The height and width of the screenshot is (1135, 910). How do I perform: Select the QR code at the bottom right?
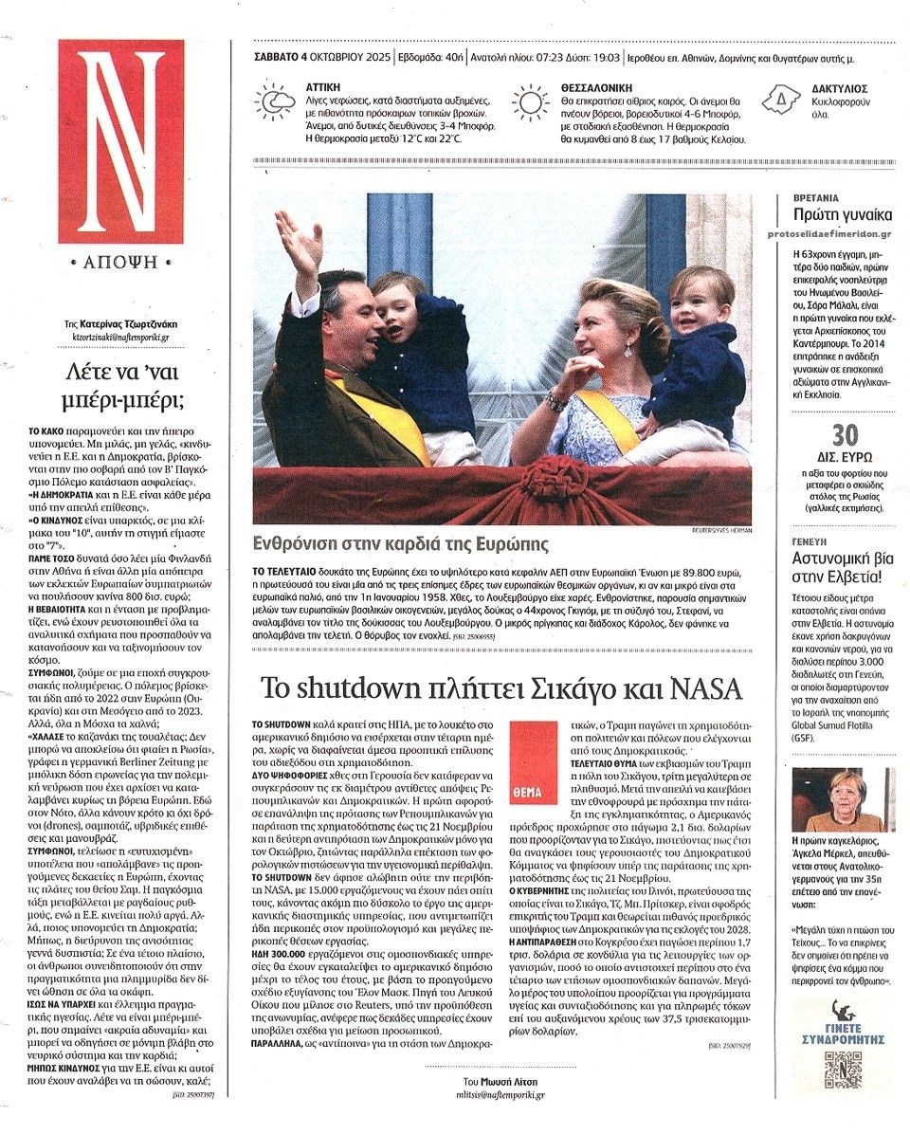point(843,1069)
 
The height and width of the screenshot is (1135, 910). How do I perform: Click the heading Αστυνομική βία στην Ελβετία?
point(840,567)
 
